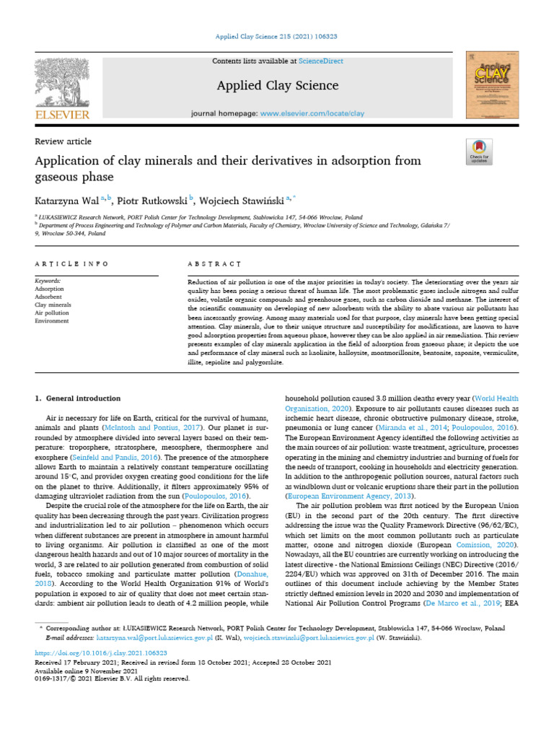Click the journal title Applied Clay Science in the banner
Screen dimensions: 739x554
point(277,86)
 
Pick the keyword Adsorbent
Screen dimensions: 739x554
point(50,297)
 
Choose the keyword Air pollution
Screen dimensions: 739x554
point(53,312)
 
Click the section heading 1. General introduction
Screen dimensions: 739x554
point(78,398)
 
